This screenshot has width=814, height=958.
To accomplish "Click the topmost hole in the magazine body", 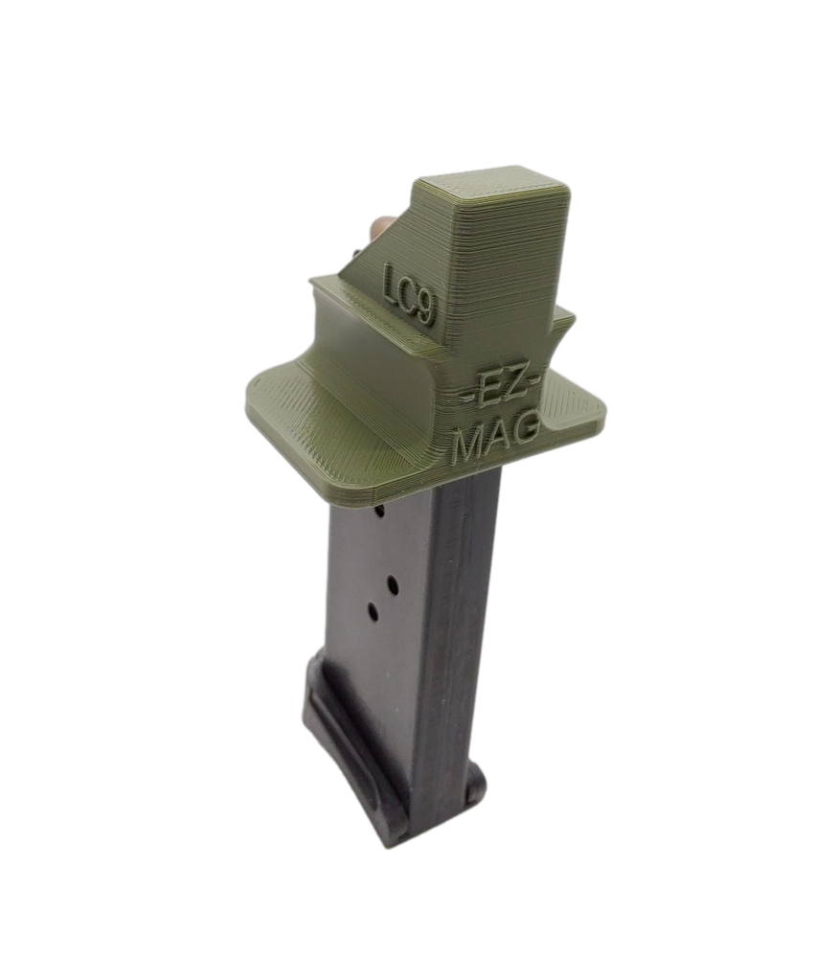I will coord(380,514).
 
